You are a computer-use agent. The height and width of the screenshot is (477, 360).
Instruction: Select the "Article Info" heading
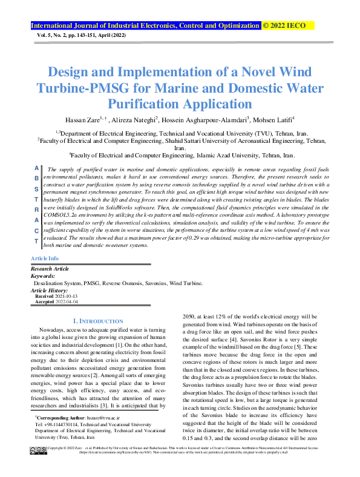[x=44, y=258]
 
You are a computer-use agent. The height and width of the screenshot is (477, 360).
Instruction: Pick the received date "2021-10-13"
[x=67, y=295]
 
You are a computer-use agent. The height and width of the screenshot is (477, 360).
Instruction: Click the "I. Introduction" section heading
[x=97, y=320]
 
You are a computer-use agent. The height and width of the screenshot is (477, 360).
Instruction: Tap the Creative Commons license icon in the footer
[x=38, y=451]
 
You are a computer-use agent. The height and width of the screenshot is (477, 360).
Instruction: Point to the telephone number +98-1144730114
[x=61, y=424]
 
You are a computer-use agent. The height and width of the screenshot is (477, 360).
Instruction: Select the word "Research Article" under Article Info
[x=50, y=268]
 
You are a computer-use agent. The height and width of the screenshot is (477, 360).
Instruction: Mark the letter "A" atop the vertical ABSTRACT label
[x=36, y=168]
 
